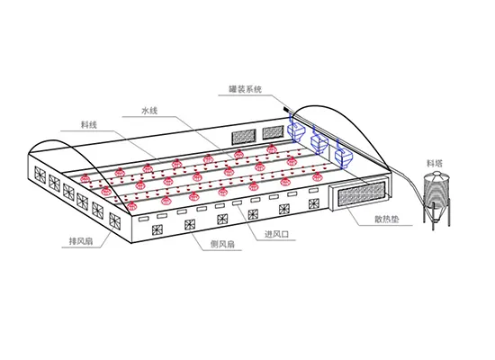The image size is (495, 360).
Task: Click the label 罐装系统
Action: (246, 89)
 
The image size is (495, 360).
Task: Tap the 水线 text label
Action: (149, 111)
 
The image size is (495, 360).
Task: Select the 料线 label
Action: (89, 125)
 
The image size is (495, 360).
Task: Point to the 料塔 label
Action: (435, 163)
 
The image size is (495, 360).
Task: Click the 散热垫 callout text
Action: (387, 220)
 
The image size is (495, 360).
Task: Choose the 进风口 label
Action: (276, 234)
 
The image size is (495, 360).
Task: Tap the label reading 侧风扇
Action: (222, 244)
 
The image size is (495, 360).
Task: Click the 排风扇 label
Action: (81, 241)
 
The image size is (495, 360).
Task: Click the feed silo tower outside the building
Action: (436, 199)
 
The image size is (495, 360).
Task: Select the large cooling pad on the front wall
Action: (362, 193)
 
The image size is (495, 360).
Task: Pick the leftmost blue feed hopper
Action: (296, 131)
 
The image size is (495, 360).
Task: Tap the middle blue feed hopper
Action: (319, 143)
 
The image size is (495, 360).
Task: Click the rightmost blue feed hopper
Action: (343, 156)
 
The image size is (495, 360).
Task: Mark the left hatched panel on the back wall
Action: (244, 137)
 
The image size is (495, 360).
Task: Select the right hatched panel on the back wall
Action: (273, 132)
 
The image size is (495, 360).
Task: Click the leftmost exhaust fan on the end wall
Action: (40, 174)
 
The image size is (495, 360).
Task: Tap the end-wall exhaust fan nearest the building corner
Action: (114, 220)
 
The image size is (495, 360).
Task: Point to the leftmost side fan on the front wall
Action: (157, 229)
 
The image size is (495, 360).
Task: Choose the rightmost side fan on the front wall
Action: (314, 203)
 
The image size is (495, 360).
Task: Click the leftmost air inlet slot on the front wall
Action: (143, 219)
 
